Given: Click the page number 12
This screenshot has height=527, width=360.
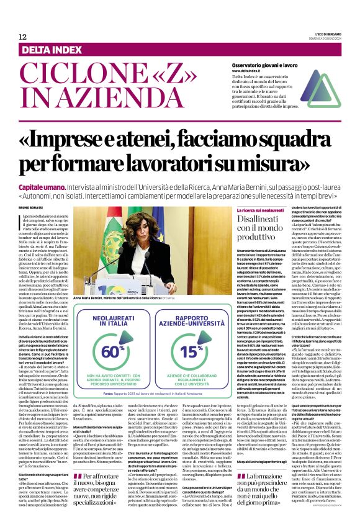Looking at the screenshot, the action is pos(22,37).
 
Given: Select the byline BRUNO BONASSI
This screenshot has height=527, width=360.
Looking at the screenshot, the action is pos(32,207).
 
